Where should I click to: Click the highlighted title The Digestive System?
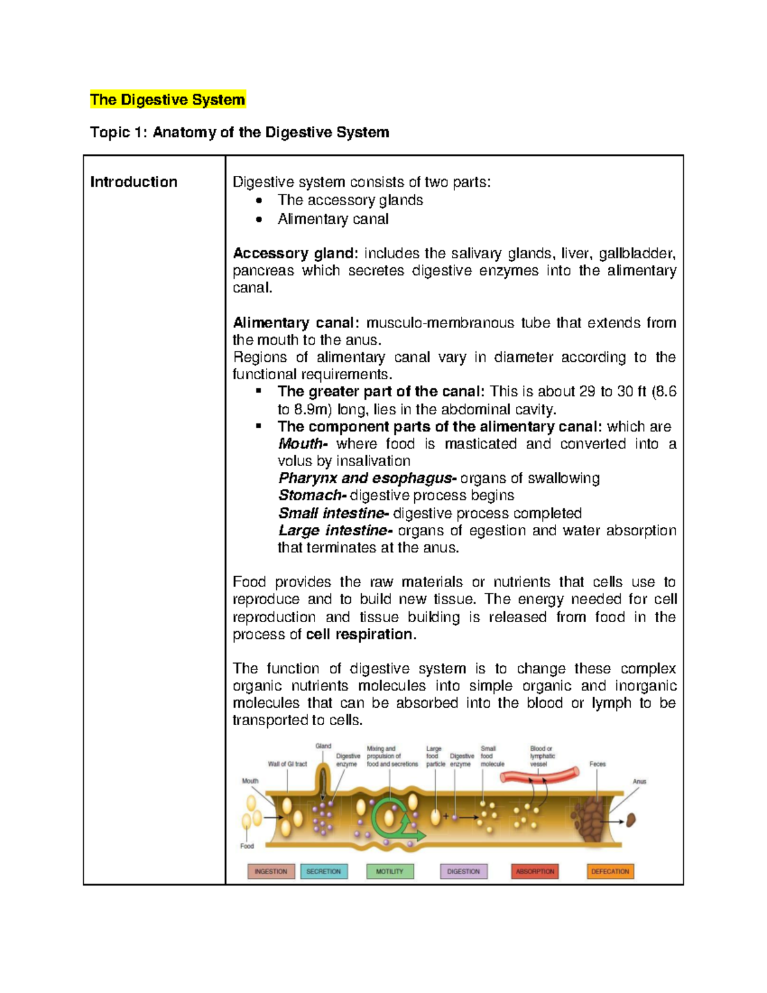pos(167,100)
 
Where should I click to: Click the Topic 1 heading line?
pos(239,132)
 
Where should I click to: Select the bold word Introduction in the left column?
pos(134,182)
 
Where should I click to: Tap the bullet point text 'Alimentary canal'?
pos(333,219)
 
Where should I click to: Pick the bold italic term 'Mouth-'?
pos(303,444)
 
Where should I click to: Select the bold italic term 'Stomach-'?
pos(313,496)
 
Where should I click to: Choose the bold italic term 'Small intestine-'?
pos(333,513)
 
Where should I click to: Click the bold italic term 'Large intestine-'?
pos(334,531)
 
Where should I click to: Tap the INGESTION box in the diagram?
pos(271,872)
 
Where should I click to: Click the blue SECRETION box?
pos(323,872)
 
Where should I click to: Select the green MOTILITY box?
pos(390,872)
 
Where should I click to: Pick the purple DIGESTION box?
pos(463,872)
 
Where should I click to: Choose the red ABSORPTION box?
pos(535,872)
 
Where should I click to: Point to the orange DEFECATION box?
pos(610,872)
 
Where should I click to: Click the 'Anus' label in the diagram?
pos(639,781)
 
